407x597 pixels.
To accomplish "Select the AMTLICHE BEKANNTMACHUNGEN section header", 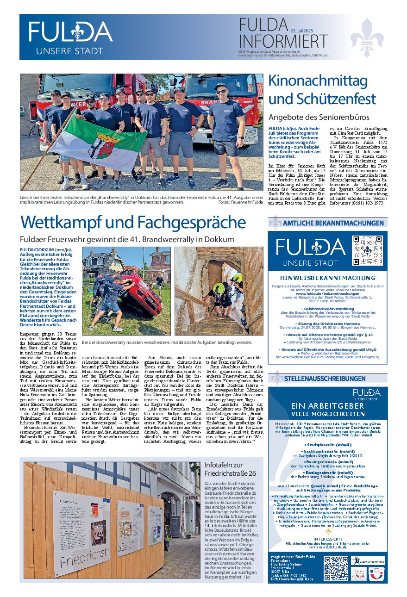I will point(333,223).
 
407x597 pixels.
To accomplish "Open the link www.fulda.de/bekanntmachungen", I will point(327,293).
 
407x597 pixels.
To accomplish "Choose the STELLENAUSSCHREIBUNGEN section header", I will point(331,379).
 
